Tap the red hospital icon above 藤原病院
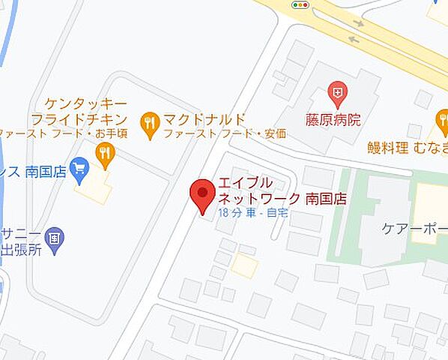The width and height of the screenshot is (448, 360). (338, 94)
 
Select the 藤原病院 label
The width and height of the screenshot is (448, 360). (333, 119)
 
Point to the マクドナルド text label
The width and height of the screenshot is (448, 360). (204, 119)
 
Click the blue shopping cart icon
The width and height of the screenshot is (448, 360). (78, 166)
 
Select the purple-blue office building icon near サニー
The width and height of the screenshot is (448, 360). (54, 240)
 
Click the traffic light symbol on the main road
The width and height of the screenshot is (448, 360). (300, 4)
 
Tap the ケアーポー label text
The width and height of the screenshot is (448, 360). (416, 228)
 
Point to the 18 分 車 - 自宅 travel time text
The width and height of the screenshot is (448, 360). (253, 213)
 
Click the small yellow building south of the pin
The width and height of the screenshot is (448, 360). (244, 265)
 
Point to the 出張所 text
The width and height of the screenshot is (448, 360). (19, 251)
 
